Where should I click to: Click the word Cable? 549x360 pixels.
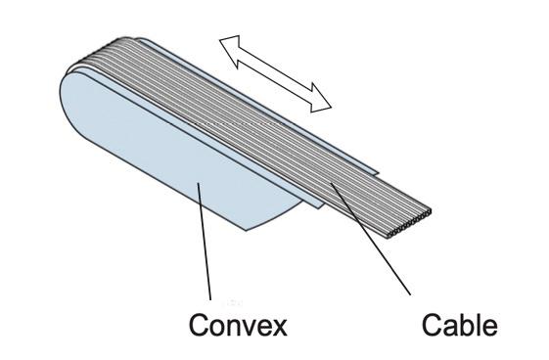click(x=459, y=325)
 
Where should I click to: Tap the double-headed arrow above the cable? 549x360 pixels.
click(x=275, y=71)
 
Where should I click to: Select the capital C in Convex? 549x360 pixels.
click(x=197, y=325)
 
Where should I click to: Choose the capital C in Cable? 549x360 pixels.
click(x=432, y=325)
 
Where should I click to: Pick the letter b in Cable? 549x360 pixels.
click(x=468, y=325)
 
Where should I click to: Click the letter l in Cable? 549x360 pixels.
click(x=480, y=325)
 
